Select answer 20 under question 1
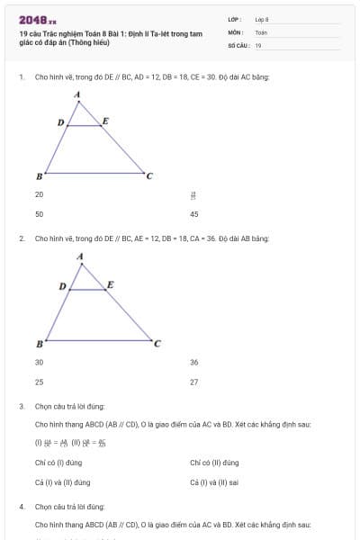click(39, 194)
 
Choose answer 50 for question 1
click(39, 214)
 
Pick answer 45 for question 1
click(193, 214)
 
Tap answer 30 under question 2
click(39, 362)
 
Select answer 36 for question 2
click(193, 362)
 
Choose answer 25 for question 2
click(39, 382)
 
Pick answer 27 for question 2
click(193, 382)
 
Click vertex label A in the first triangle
click(77, 94)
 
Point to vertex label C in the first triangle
click(149, 175)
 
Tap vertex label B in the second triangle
click(39, 344)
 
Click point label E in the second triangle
click(111, 284)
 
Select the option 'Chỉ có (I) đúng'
click(58, 463)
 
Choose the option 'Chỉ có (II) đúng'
click(214, 463)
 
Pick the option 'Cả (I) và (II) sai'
click(213, 482)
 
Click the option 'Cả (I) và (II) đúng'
click(62, 482)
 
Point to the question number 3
click(21, 407)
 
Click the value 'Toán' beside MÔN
click(261, 31)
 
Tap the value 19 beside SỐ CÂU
click(258, 45)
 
